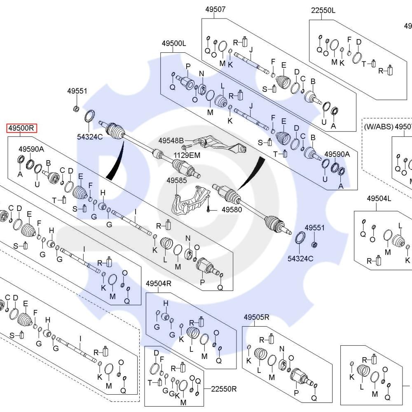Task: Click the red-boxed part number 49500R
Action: tap(21, 128)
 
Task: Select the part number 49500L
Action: tap(173, 43)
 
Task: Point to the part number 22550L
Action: tap(323, 11)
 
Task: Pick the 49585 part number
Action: tap(177, 180)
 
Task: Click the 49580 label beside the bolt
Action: tap(232, 210)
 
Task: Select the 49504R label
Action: tap(159, 283)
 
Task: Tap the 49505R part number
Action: tap(256, 317)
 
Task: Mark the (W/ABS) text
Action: tap(378, 126)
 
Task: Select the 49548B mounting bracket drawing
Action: tap(220, 144)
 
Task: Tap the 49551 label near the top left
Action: tap(77, 91)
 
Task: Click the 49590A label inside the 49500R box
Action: tap(31, 149)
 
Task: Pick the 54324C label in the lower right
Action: tap(301, 258)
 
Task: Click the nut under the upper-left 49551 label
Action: tap(75, 109)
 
